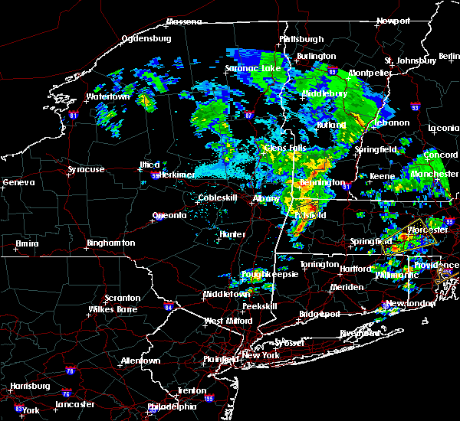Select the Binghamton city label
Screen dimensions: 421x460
pyautogui.click(x=110, y=243)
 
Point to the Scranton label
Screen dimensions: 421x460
pyautogui.click(x=123, y=298)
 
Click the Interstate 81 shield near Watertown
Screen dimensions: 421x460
pyautogui.click(x=74, y=116)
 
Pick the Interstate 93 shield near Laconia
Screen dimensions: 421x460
pyautogui.click(x=415, y=107)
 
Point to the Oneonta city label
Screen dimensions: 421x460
pyautogui.click(x=169, y=215)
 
